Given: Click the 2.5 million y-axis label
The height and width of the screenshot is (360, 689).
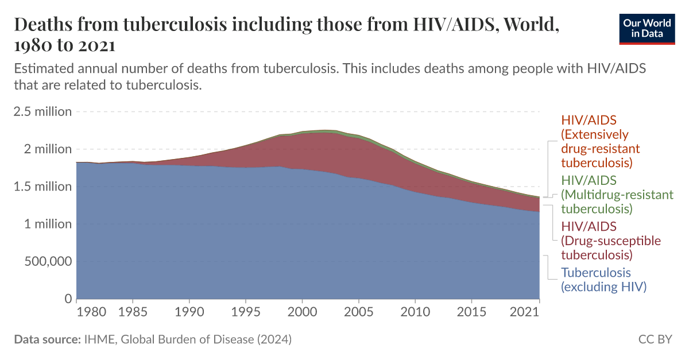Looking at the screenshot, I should (x=43, y=111).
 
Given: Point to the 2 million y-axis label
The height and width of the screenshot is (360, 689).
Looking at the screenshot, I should (x=48, y=149).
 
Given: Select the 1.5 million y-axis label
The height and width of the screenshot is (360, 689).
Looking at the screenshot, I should (x=43, y=187).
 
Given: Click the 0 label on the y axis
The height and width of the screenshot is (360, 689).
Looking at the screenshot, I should (x=68, y=299).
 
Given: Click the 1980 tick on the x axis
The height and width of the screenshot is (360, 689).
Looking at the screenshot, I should (x=91, y=312).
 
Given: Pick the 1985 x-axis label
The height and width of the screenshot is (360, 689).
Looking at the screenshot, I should (x=133, y=312).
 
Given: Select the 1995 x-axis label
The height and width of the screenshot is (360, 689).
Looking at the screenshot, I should (x=246, y=312).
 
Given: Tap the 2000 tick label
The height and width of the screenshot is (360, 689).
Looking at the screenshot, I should (x=302, y=312).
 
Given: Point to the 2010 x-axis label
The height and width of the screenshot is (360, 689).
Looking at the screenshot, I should (x=415, y=312).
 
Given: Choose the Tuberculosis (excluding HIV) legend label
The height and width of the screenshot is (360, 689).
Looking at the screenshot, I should (x=603, y=280).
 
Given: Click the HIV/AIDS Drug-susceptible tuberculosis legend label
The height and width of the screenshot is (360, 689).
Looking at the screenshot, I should (x=610, y=241).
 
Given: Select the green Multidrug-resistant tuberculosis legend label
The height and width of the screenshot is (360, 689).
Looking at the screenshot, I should (x=617, y=195).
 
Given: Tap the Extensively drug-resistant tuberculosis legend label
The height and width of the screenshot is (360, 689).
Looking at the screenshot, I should (x=600, y=141).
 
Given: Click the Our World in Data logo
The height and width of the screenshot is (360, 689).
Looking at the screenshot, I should (x=647, y=28).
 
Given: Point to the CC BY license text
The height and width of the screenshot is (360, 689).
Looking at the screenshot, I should (x=655, y=339).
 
